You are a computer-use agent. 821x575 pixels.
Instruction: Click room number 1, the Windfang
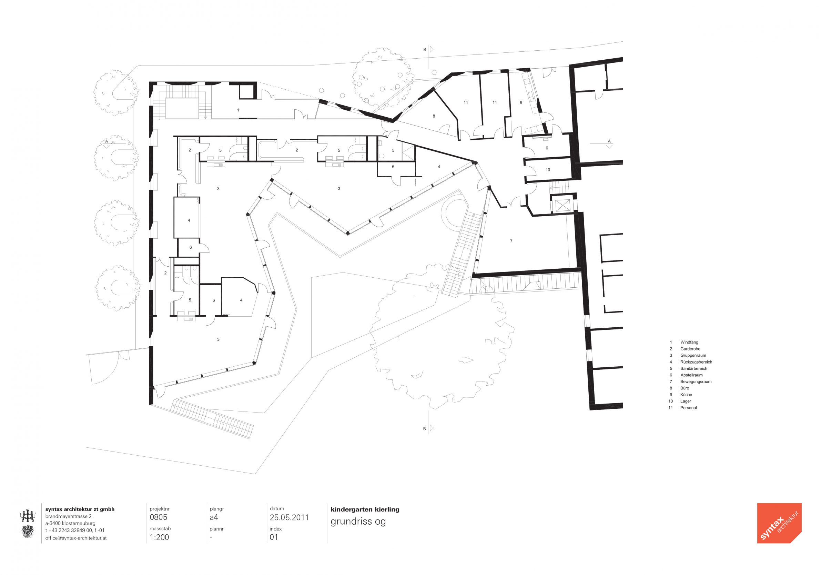pos(238,110)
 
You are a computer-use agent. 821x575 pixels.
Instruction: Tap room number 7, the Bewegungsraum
pos(511,241)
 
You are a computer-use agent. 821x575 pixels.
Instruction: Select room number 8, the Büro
pos(434,116)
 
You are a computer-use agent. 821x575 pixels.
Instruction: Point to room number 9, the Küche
pos(521,103)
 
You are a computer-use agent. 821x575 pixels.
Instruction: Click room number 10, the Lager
pos(548,170)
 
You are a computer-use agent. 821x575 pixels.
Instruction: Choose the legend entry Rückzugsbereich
pos(696,362)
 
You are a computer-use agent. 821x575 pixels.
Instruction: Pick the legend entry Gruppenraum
pos(693,355)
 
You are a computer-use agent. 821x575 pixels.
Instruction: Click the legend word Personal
pos(688,408)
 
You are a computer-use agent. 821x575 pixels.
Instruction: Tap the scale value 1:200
pos(160,537)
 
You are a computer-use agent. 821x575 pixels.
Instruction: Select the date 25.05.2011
pos(289,517)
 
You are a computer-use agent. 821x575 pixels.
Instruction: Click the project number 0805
pos(159,517)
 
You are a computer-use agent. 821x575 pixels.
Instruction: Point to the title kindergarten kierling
pos(365,509)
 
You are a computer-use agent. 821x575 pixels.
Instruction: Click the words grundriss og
pos(358,522)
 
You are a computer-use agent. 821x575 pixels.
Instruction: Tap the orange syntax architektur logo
pos(779,523)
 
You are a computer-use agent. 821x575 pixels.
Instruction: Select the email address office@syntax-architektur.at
pos(76,538)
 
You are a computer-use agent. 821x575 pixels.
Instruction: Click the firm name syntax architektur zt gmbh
pos(80,509)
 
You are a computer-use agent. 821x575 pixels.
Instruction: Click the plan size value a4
pos(214,517)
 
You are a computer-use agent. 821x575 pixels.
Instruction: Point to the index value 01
pos(274,537)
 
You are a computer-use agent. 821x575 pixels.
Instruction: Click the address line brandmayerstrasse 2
pos(68,516)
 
